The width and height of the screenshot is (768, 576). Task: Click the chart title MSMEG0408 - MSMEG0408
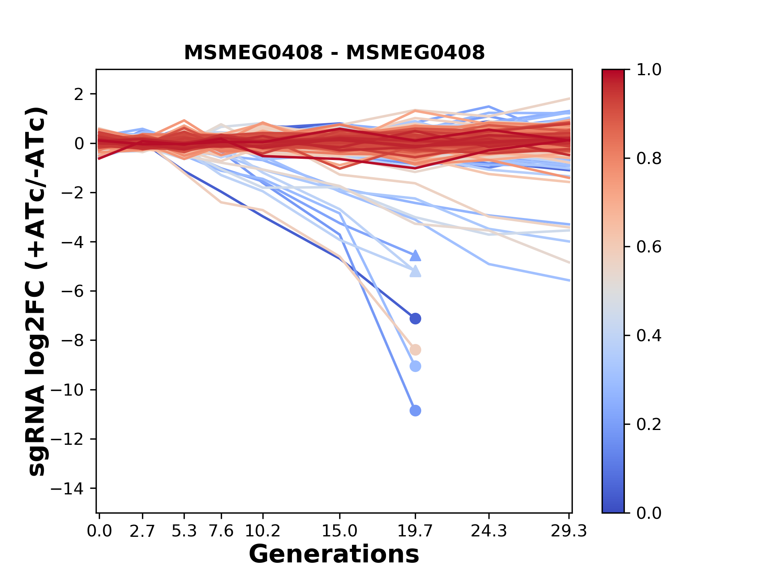[334, 52]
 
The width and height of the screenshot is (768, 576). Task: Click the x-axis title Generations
[334, 554]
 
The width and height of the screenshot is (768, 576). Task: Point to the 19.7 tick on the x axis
[415, 531]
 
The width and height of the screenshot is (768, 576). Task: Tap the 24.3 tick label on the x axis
[489, 531]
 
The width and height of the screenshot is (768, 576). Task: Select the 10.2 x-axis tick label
[262, 531]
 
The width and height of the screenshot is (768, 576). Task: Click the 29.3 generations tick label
[569, 531]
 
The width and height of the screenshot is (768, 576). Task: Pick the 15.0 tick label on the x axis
[339, 531]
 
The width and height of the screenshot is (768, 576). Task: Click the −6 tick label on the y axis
[72, 291]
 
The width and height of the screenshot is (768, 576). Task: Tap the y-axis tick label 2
[79, 94]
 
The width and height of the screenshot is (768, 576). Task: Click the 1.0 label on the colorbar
[649, 70]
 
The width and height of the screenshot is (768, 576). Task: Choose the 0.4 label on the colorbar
[649, 336]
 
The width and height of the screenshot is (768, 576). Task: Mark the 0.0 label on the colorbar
[649, 513]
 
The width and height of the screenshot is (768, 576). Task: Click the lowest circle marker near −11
[415, 410]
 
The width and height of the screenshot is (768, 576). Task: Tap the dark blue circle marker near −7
[415, 318]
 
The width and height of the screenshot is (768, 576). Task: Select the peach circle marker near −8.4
[415, 350]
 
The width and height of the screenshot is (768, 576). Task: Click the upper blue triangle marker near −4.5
[415, 256]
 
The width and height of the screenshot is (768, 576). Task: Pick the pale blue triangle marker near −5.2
[415, 272]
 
